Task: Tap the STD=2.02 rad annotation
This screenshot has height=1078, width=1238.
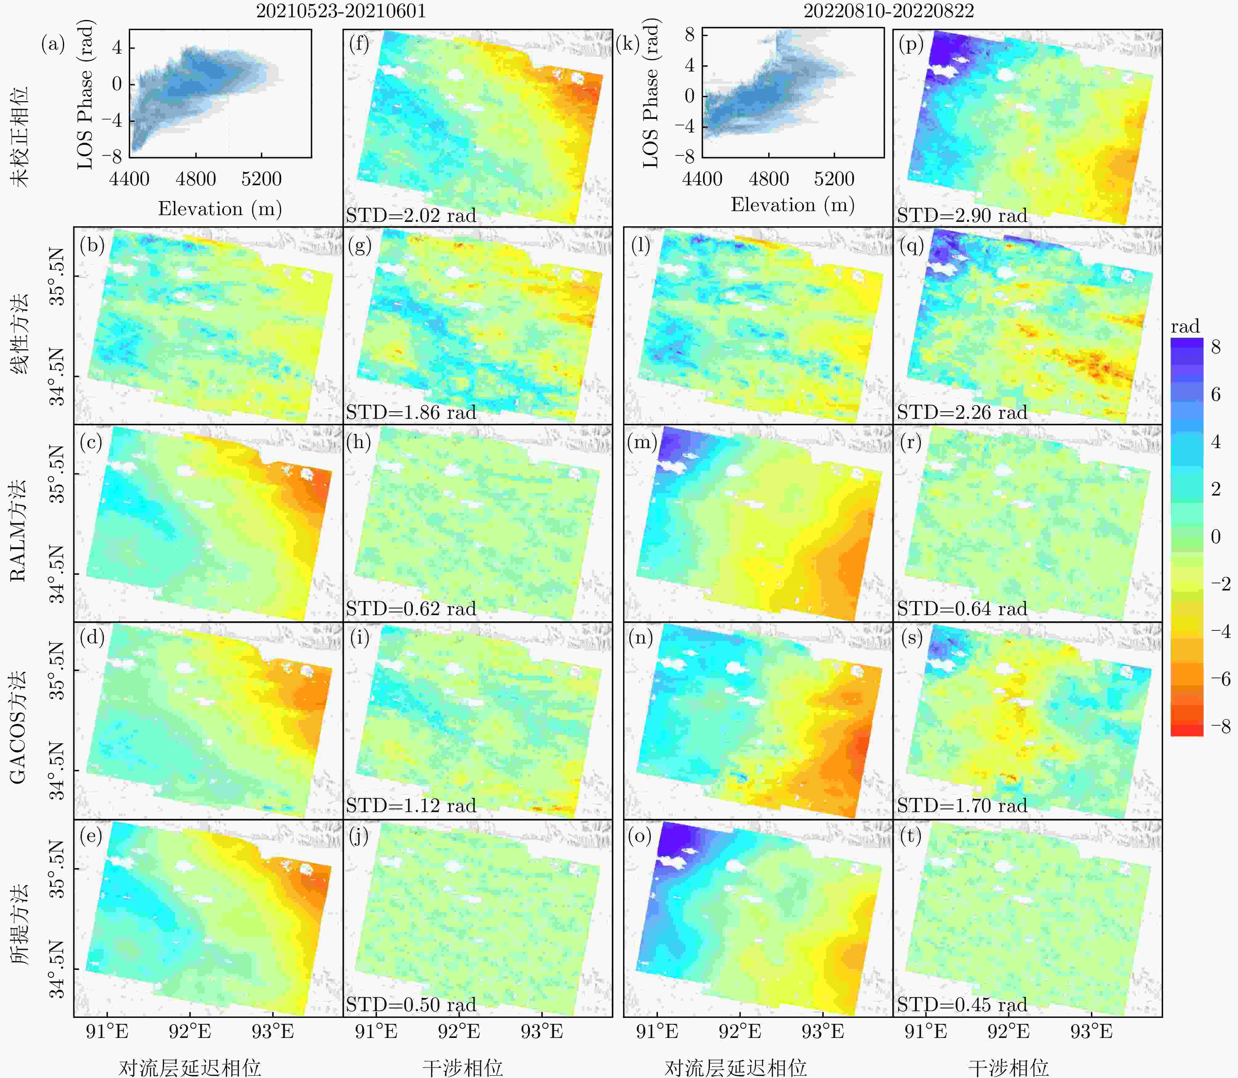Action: pos(411,215)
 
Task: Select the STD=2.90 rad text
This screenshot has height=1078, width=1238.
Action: pos(962,215)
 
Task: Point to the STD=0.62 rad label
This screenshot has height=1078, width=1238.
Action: pos(411,609)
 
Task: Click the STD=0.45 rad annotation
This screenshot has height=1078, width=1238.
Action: pos(962,1005)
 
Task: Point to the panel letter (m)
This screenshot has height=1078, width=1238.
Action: pos(642,442)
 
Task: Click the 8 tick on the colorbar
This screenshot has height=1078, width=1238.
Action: pos(1216,347)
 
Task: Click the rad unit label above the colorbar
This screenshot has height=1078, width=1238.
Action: pos(1185,327)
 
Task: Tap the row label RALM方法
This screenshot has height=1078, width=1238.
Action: pos(18,529)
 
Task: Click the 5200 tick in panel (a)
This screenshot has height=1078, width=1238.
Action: pos(261,179)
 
